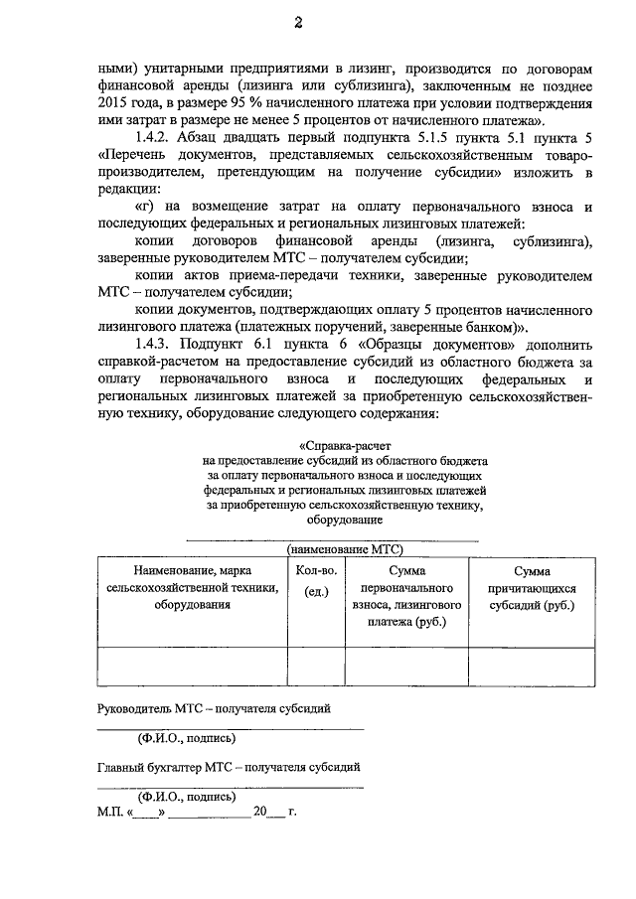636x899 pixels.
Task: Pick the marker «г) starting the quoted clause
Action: point(144,208)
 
